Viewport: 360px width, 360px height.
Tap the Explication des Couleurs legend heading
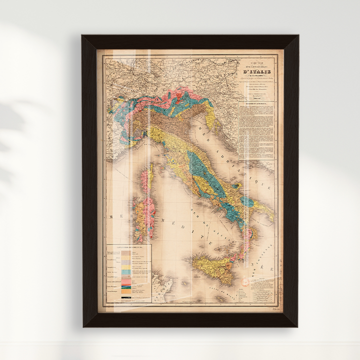tap(130, 247)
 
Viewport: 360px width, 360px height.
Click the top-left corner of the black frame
tap(83, 36)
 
